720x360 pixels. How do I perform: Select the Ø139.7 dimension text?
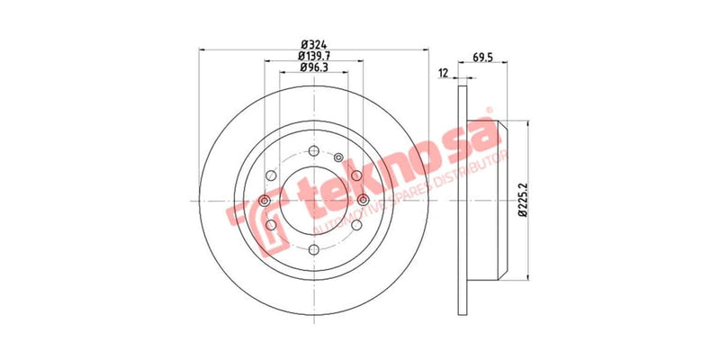[x=313, y=56]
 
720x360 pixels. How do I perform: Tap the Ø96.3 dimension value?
[x=313, y=68]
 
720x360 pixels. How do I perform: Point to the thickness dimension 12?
[x=443, y=74]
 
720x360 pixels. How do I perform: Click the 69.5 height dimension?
[x=487, y=57]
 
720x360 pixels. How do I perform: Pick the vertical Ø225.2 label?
[x=523, y=200]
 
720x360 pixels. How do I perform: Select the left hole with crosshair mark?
[x=264, y=200]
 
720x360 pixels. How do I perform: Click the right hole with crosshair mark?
[x=363, y=200]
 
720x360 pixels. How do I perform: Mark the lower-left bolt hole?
[x=270, y=225]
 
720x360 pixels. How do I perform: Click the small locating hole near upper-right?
[x=338, y=159]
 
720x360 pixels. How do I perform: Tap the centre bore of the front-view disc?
[x=313, y=200]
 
